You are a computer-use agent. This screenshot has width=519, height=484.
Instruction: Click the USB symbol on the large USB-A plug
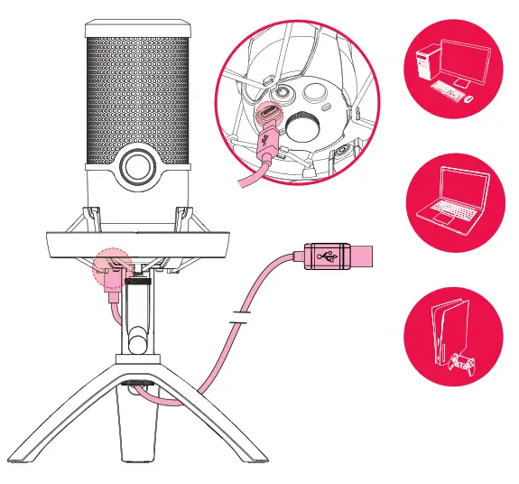(329, 255)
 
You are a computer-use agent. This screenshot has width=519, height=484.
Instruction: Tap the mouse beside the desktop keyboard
(468, 97)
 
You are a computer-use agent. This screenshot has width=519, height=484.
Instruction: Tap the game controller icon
(462, 364)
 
